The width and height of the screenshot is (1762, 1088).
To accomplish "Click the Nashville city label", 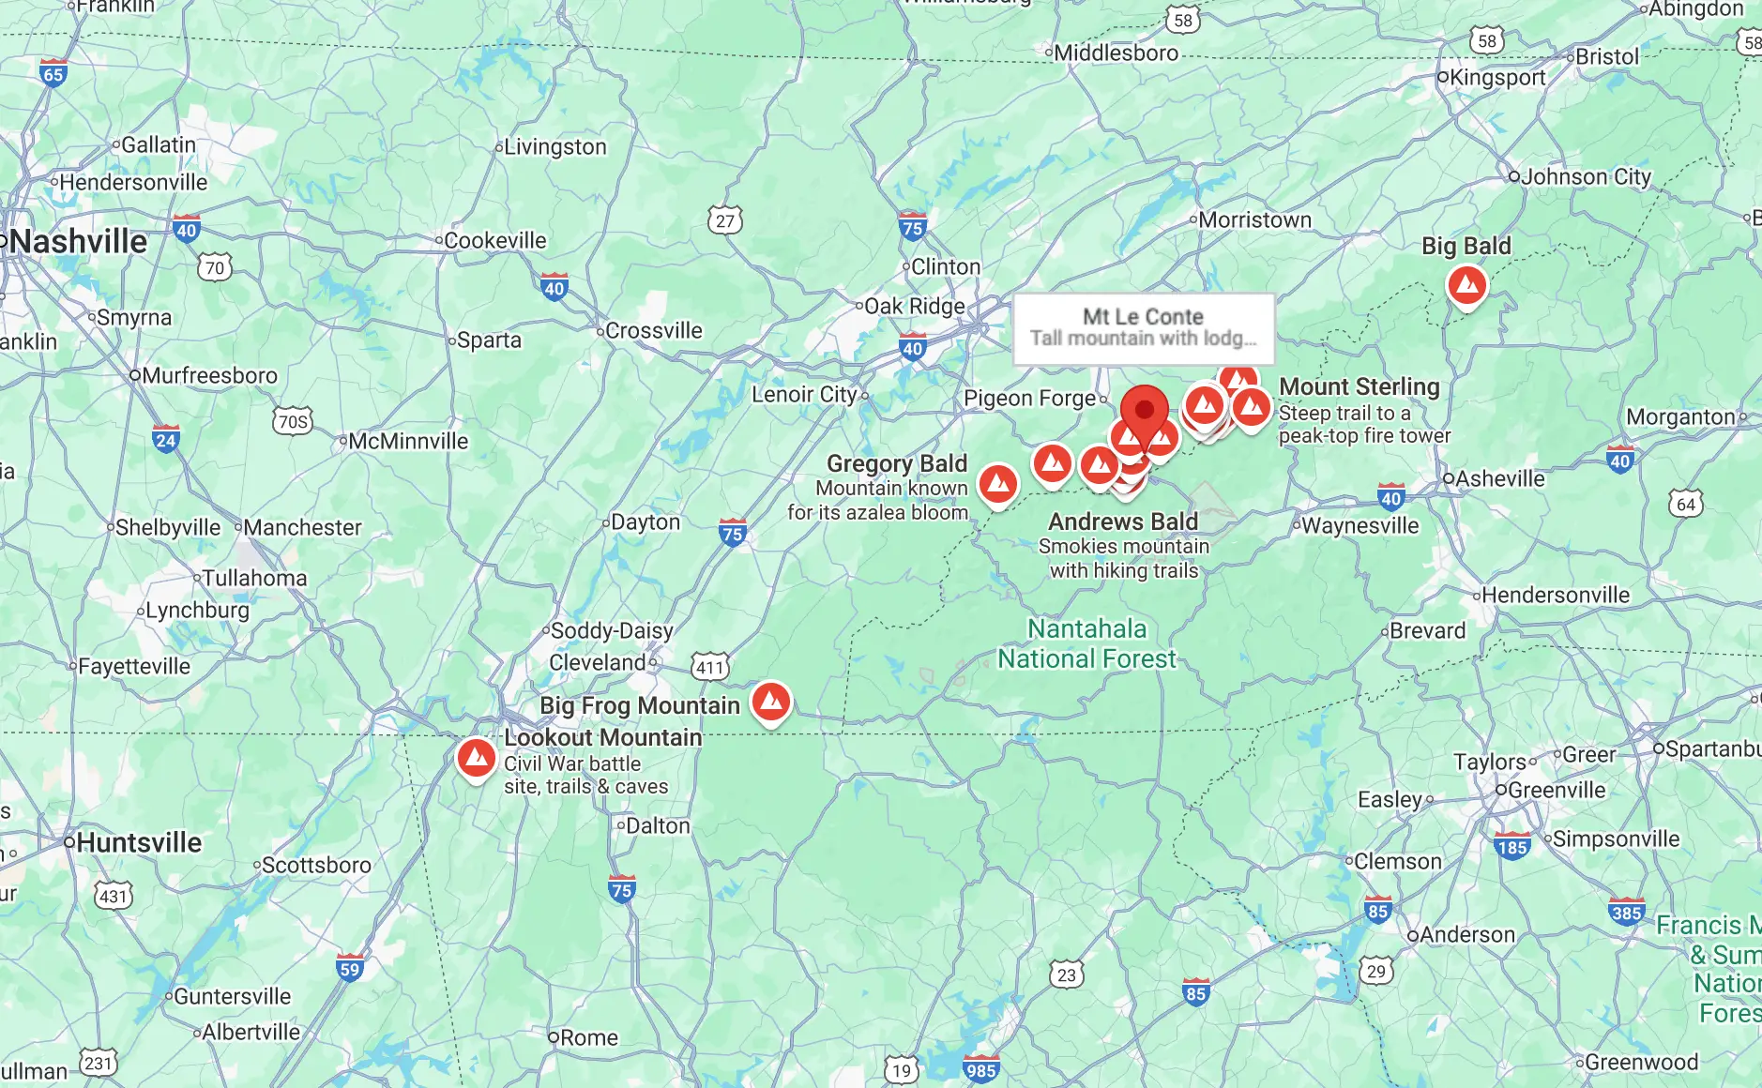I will point(80,242).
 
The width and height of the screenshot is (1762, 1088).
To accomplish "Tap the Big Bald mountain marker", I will point(1467,284).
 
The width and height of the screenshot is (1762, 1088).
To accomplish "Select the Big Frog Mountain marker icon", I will point(771,702).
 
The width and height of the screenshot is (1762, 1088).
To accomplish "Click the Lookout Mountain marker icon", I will point(477,757).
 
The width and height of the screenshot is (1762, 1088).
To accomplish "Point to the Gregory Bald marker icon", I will point(998,484).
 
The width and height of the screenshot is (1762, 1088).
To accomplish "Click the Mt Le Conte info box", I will point(1143,328).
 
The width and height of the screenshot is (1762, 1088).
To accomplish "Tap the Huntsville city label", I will point(139,842).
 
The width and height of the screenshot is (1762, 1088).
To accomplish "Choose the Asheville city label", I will point(1499,478).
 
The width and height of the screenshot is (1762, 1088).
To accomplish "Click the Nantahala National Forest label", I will point(1086,643).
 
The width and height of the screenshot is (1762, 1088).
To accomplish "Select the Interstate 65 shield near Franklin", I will point(53,74).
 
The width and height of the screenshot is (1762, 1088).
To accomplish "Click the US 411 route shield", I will point(710,667).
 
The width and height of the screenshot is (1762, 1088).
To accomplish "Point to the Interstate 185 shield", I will point(1511,846).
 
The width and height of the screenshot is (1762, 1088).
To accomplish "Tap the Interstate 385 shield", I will point(1626,912).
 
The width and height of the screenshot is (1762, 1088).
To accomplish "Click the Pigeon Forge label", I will point(1030,399).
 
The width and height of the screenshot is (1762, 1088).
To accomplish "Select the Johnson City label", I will point(1586,176).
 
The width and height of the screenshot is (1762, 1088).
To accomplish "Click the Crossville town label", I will point(653,330).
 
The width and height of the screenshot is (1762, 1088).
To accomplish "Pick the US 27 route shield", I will point(725,220).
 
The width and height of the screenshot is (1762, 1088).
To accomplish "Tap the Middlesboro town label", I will point(1116,53).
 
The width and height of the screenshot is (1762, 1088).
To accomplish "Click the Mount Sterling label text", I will point(1359,386).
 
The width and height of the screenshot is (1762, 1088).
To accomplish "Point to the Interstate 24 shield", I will point(166,439).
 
